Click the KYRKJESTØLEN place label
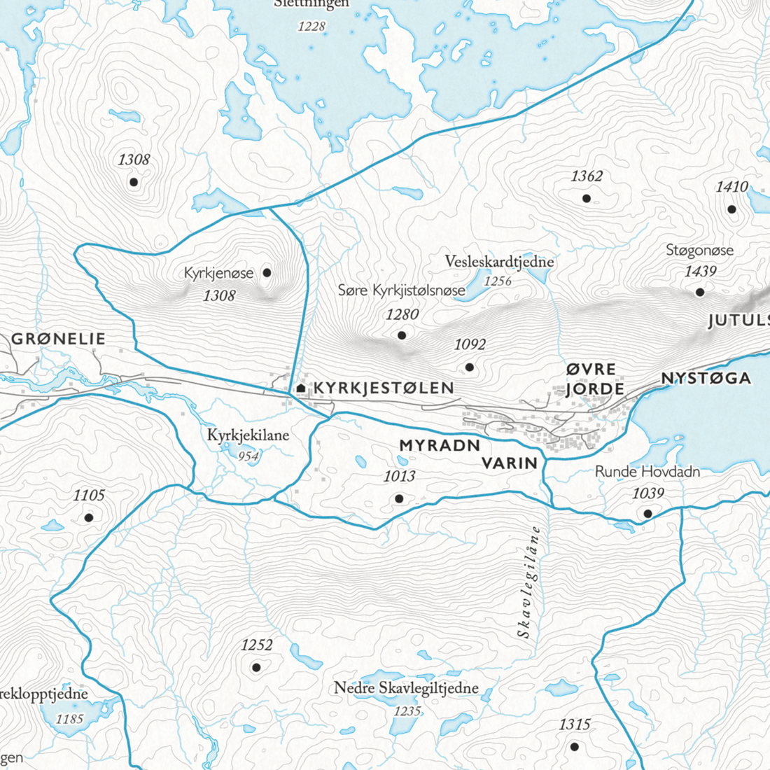pos(384,388)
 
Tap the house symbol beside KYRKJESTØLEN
pos(301,388)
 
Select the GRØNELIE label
pos(58,339)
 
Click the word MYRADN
pos(440,445)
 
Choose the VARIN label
pos(510,463)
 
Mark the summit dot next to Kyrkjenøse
pos(267,272)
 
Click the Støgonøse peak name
pos(699,251)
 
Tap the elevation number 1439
pos(700,272)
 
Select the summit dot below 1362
pos(587,199)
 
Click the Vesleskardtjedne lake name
pos(499,262)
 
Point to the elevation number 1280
pos(402,314)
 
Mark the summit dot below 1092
pos(470,367)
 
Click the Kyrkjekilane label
pos(248,435)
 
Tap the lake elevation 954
pos(248,456)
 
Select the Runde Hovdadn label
pos(647,472)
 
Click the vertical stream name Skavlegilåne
pos(528,582)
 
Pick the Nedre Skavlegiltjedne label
pos(406,688)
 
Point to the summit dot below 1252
pos(256,667)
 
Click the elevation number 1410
pos(731,187)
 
